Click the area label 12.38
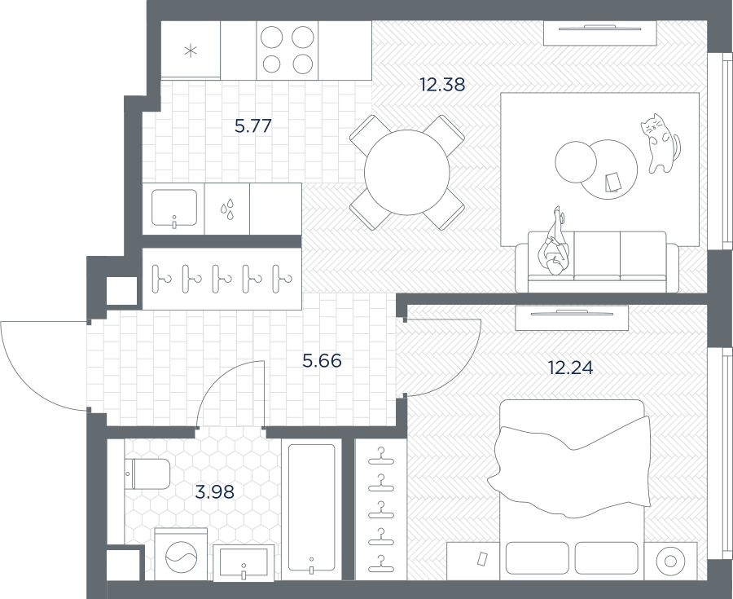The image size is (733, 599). tap(442, 85)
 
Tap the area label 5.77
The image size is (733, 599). tap(253, 126)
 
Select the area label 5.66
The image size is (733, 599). tap(322, 361)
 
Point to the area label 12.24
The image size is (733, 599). tap(571, 368)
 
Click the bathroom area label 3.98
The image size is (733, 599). tap(214, 492)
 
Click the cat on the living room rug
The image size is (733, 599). tap(660, 143)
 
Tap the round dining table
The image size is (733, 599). tap(407, 172)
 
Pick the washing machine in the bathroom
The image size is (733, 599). tap(181, 555)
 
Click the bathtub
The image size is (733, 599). tap(311, 509)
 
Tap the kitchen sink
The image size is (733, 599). tap(174, 209)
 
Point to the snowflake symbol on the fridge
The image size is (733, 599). tap(191, 51)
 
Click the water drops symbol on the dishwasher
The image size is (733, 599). tap(227, 209)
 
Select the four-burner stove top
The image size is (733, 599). tap(287, 50)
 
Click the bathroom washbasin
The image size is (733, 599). tap(244, 562)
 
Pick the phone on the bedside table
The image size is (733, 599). tap(482, 558)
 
